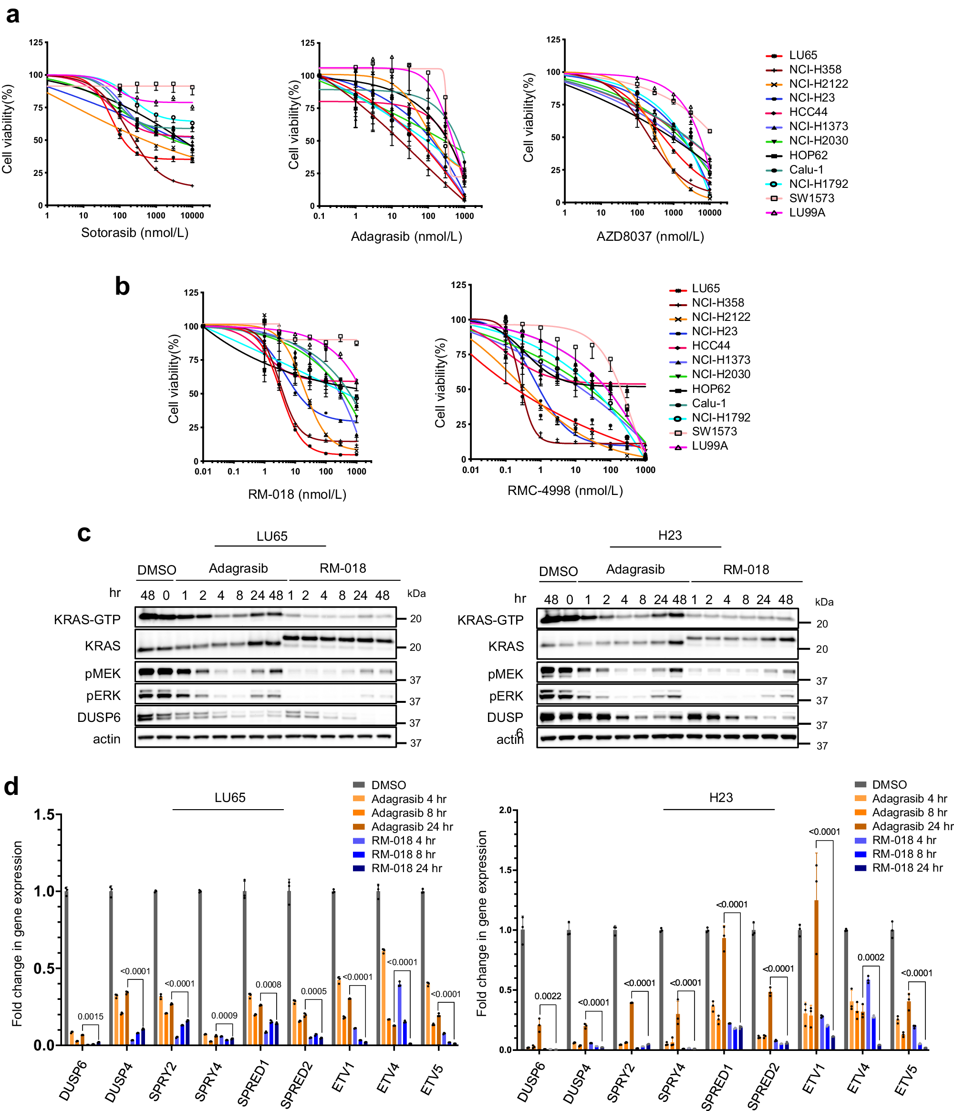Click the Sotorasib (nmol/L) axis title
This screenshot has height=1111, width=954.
pyautogui.click(x=135, y=233)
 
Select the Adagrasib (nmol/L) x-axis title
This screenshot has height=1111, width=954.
pyautogui.click(x=406, y=237)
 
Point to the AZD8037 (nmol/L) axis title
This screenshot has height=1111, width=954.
pyautogui.click(x=650, y=237)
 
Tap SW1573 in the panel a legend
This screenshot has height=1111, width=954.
pyautogui.click(x=811, y=198)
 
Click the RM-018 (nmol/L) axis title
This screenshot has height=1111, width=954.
pyautogui.click(x=297, y=494)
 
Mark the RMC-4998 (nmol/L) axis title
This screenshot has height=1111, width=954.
pyautogui.click(x=565, y=491)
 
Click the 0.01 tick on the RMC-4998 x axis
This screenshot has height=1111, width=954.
pyautogui.click(x=470, y=470)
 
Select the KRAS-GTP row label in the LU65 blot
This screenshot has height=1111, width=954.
pyautogui.click(x=87, y=620)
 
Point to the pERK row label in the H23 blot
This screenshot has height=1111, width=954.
pyautogui.click(x=506, y=696)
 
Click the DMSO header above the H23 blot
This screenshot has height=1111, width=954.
pyautogui.click(x=558, y=572)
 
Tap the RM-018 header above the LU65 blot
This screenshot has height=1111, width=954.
pyautogui.click(x=342, y=568)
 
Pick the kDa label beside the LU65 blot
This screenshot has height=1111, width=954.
pyautogui.click(x=416, y=594)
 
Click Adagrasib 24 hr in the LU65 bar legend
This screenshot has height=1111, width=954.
pyautogui.click(x=411, y=827)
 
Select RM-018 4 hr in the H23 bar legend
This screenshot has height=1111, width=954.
pyautogui.click(x=903, y=840)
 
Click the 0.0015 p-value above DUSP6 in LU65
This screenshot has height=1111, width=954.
pyautogui.click(x=90, y=1017)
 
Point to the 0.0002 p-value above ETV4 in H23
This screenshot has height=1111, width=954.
pyautogui.click(x=871, y=957)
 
